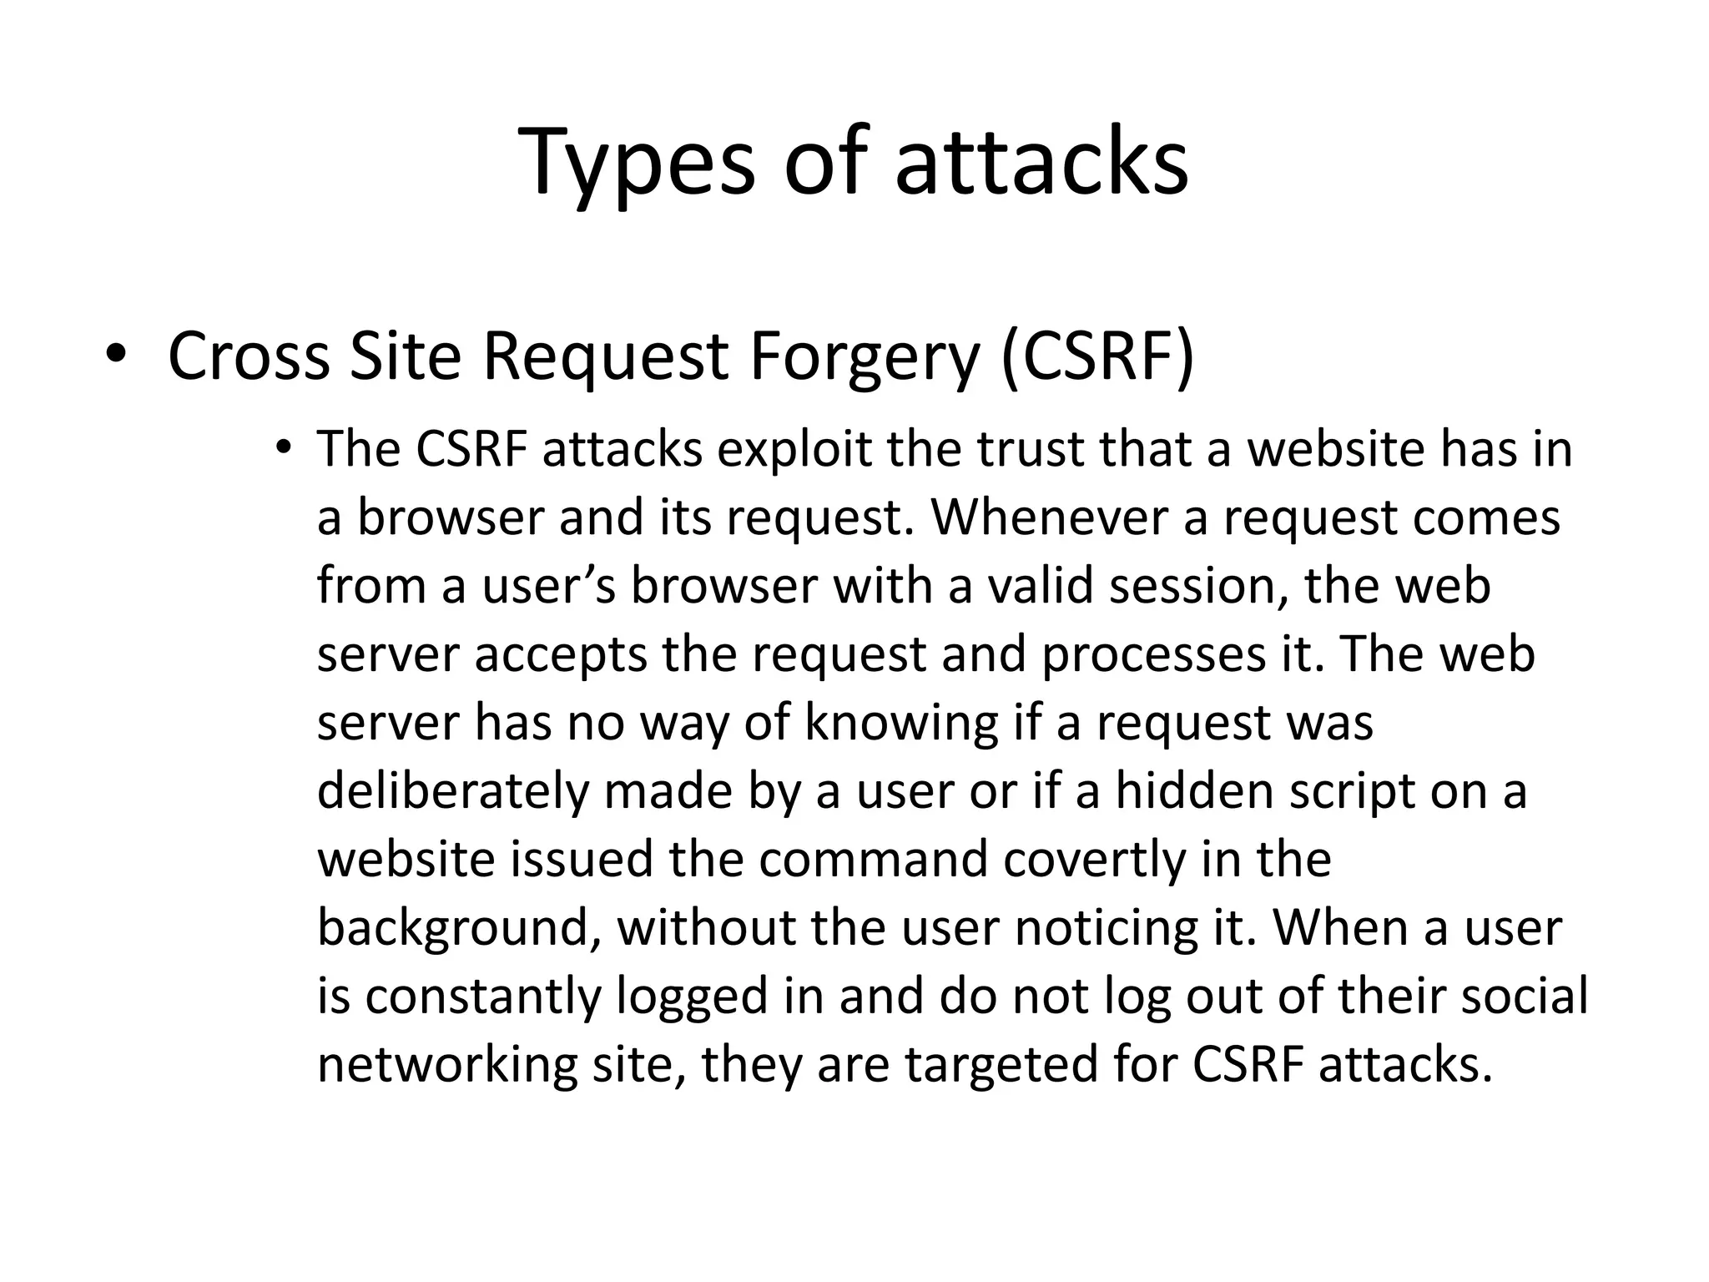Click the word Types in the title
click(635, 164)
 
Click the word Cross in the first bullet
click(249, 357)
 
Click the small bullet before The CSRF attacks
click(284, 447)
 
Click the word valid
click(1040, 586)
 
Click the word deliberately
click(453, 791)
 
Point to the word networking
click(447, 1065)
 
